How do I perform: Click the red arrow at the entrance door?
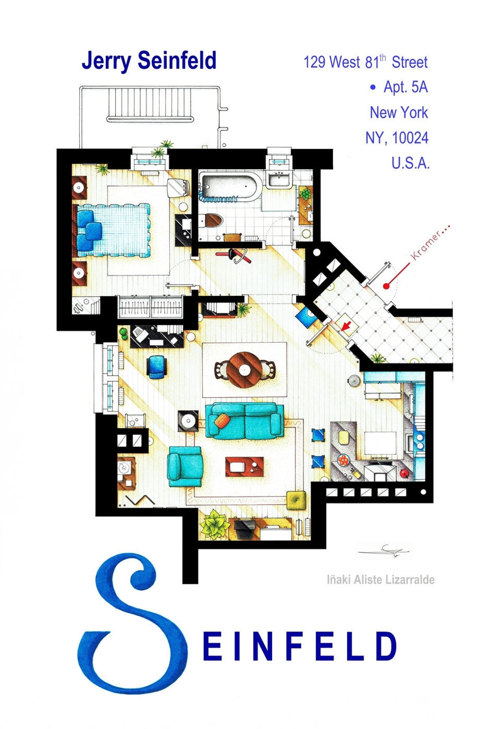click(346, 326)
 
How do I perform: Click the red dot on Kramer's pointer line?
click(386, 286)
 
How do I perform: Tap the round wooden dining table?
click(245, 370)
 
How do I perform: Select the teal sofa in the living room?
click(245, 420)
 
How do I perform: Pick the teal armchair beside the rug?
click(185, 466)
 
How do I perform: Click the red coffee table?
click(245, 467)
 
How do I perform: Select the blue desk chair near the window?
click(157, 366)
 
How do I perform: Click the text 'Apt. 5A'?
click(405, 87)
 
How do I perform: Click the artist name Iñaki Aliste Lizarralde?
click(380, 580)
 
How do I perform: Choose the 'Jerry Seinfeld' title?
click(149, 61)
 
